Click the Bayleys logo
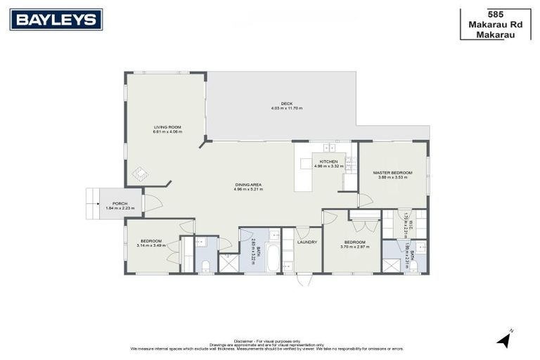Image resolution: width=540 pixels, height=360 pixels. click(56, 20)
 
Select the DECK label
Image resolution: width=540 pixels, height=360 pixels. click(286, 103)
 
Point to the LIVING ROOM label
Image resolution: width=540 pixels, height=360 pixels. click(168, 127)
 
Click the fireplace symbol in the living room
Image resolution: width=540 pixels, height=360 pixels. click(140, 173)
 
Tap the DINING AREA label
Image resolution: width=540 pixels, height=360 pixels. click(248, 185)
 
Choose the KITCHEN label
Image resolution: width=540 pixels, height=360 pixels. click(328, 162)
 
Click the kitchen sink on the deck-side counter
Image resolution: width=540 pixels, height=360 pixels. click(328, 148)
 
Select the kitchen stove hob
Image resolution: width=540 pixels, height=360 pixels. click(350, 163)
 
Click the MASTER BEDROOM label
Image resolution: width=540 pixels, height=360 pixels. click(392, 173)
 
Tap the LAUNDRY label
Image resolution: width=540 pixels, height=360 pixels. click(307, 242)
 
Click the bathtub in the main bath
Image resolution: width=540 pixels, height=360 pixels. click(271, 258)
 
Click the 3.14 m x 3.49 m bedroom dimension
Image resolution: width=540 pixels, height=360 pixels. click(150, 245)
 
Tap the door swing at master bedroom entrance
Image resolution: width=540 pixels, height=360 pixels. click(365, 200)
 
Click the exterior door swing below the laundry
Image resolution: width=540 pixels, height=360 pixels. click(304, 279)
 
